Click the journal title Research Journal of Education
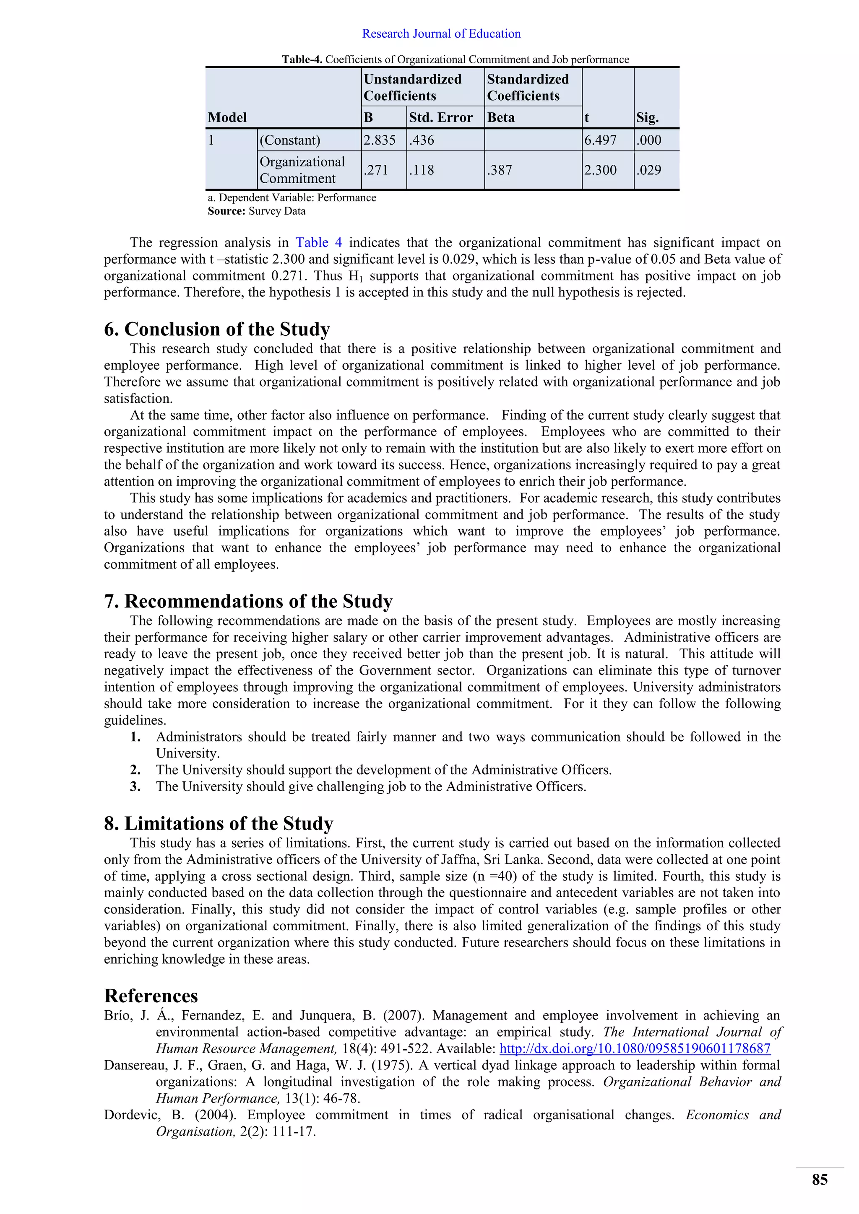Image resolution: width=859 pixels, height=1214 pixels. click(441, 34)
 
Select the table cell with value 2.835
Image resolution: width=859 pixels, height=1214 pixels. click(379, 140)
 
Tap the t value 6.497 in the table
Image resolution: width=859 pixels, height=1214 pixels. click(600, 140)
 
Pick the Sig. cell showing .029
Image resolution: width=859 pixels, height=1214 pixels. click(649, 170)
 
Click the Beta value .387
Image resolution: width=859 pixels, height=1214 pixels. click(500, 170)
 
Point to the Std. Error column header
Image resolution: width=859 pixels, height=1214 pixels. click(440, 117)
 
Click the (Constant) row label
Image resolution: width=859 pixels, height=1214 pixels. click(290, 140)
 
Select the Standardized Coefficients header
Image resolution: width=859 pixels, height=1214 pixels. click(528, 87)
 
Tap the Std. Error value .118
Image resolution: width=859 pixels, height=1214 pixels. click(422, 170)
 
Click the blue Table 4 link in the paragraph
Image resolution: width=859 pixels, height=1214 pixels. click(318, 243)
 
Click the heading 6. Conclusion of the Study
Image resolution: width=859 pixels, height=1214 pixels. click(217, 329)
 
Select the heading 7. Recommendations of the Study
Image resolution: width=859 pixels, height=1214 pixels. click(248, 601)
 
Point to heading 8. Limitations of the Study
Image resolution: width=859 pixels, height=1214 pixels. click(219, 823)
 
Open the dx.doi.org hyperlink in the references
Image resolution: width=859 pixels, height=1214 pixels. click(635, 1048)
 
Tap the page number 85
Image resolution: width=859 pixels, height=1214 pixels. click(819, 1180)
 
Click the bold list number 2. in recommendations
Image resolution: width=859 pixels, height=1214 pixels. click(135, 770)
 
